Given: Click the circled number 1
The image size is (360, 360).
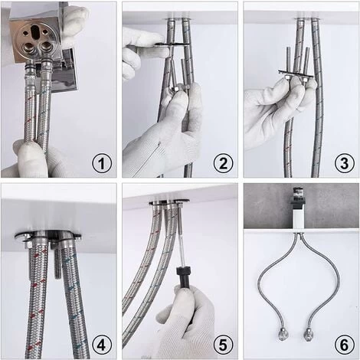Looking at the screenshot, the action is point(102,163).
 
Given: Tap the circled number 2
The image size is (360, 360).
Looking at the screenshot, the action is point(223,163).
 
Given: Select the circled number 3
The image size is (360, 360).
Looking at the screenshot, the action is point(345,163).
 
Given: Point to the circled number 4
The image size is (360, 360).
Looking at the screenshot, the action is point(102,345).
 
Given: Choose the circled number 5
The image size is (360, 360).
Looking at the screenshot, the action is point(223,345).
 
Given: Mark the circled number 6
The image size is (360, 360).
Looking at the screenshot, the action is point(345,345).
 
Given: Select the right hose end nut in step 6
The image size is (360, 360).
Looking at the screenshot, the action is point(309,335).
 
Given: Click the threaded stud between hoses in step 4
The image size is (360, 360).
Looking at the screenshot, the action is point(57,263).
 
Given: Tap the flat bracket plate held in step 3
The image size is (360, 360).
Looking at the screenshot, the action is point(296,74).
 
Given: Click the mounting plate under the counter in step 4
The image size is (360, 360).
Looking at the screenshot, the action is point(48,237).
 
